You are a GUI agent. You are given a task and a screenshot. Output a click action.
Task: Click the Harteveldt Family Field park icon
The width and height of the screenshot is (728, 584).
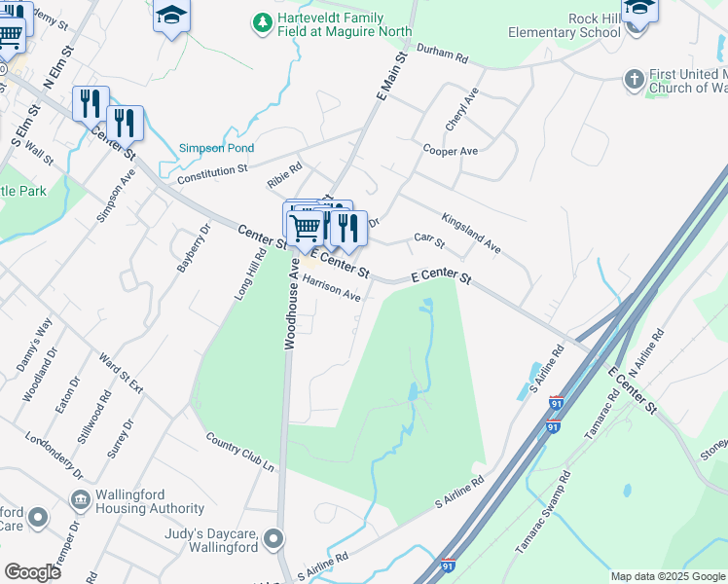click(262, 20)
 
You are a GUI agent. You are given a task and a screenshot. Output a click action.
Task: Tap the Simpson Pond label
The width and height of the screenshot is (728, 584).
click(216, 149)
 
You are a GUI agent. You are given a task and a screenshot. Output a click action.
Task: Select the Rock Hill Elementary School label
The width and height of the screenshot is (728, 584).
click(564, 25)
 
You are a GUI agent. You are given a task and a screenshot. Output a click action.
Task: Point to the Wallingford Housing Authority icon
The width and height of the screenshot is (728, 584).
click(81, 500)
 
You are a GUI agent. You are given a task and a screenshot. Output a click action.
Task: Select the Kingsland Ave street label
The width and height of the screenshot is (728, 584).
click(471, 234)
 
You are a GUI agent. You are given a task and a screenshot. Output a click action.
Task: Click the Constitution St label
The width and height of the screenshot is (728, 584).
click(212, 175)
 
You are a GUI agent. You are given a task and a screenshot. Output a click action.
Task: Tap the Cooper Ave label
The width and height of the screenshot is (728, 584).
click(450, 151)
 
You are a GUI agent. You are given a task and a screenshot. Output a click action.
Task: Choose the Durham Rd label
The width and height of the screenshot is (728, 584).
click(443, 53)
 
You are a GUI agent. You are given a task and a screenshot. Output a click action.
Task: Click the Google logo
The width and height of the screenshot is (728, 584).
click(32, 572)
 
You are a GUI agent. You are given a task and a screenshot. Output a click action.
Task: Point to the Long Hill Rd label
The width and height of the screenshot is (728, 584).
click(250, 274)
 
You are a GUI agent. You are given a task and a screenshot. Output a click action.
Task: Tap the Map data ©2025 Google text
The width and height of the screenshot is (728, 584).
click(667, 576)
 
